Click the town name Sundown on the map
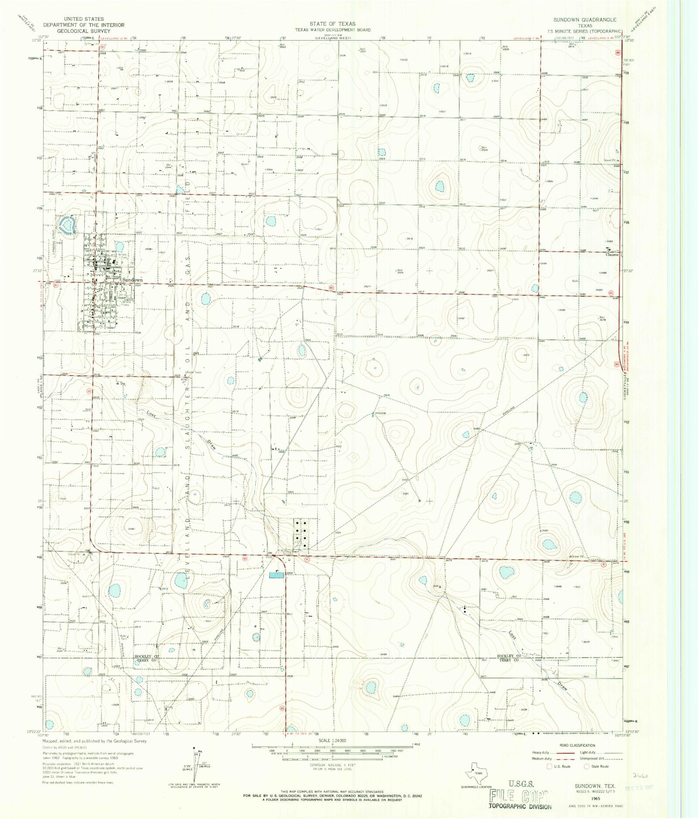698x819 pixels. coord(132,280)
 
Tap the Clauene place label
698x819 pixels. coord(612,255)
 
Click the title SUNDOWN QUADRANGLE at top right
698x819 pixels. coord(585,20)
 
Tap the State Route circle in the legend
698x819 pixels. coord(587,766)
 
